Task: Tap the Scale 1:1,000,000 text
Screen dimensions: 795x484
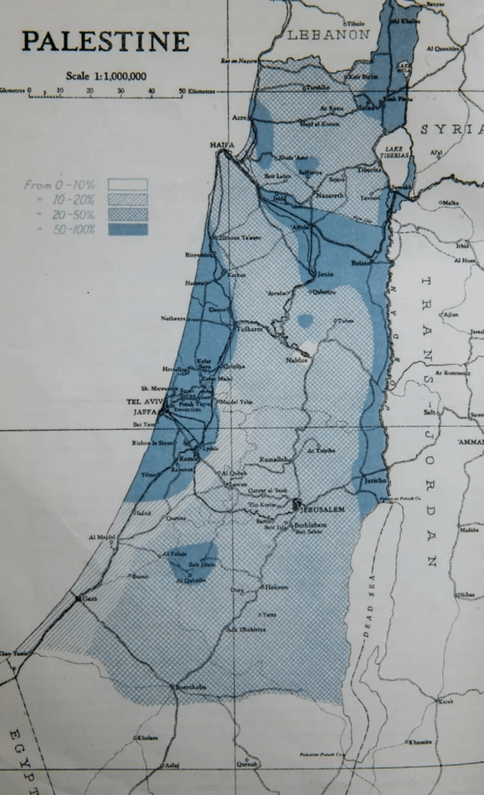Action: point(107,76)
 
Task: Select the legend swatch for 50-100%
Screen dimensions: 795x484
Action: point(128,229)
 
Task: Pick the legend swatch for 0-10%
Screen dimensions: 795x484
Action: point(128,185)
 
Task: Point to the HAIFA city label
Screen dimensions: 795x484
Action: point(222,144)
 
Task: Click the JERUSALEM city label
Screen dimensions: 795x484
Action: point(324,509)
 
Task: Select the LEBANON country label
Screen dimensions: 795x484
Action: point(330,35)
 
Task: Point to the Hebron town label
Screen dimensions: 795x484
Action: point(276,587)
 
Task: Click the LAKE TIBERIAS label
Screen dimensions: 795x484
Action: point(396,151)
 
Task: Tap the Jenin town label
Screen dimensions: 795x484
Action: point(324,273)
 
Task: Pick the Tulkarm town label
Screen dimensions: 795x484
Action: point(249,331)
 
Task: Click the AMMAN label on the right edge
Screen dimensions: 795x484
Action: point(470,441)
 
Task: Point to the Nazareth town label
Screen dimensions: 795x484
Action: point(329,194)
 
